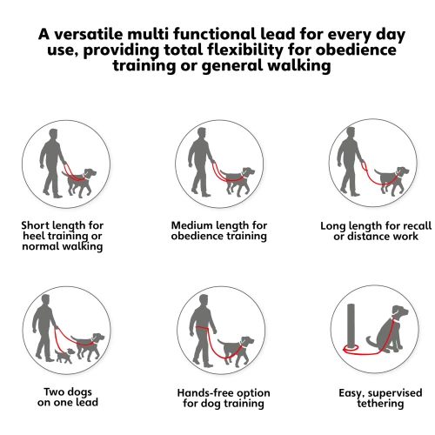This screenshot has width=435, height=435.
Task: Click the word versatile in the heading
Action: (x=89, y=34)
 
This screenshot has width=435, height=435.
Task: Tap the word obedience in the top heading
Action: (x=356, y=50)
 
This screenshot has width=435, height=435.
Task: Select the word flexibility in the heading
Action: (x=245, y=50)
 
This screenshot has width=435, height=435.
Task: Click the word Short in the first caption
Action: (x=36, y=225)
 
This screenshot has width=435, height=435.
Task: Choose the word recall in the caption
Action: (x=415, y=226)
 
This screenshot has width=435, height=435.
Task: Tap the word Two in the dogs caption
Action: (x=54, y=391)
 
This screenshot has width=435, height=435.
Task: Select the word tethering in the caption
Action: (x=380, y=404)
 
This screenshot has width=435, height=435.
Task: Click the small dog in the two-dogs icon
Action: (x=64, y=356)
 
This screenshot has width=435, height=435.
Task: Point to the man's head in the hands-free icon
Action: (x=204, y=301)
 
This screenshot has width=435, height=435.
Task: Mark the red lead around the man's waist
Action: (x=202, y=328)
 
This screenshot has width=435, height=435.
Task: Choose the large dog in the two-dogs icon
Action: (x=89, y=347)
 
